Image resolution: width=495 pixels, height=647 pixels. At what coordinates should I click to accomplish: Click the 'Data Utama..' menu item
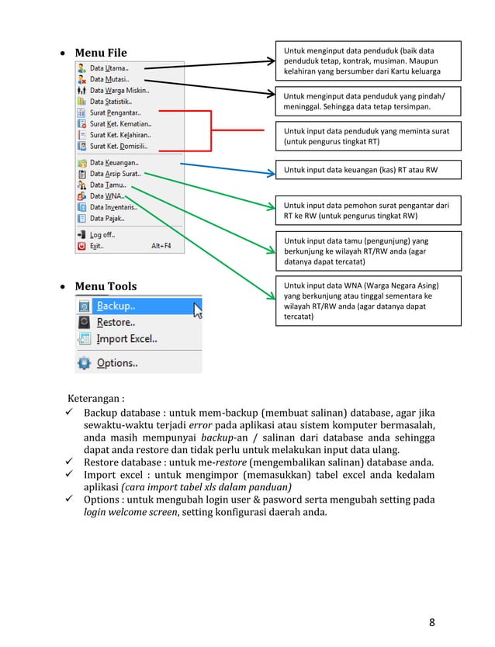pos(109,68)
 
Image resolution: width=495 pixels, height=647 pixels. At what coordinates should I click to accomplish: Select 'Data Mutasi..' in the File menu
pos(109,79)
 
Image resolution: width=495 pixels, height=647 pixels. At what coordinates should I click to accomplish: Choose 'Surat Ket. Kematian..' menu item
pos(120,123)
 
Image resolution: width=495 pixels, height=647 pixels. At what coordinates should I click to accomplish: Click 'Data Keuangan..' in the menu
pos(114,163)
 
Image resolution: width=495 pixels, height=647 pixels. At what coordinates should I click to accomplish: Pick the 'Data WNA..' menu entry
pos(107,196)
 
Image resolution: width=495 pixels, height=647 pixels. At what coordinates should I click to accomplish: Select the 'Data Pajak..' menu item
pos(107,218)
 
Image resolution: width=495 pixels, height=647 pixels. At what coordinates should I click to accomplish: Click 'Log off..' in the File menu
pos(102,234)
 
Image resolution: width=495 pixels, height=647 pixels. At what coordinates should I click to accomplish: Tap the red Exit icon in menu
pos(81,246)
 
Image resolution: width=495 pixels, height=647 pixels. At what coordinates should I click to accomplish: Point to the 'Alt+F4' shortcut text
pos(161,246)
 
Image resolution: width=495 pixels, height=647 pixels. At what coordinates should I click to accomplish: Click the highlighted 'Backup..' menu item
pos(116,306)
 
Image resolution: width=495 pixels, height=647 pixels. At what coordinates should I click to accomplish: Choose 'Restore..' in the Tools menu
pos(116,322)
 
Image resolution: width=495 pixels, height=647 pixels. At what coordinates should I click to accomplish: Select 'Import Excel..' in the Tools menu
pos(126,338)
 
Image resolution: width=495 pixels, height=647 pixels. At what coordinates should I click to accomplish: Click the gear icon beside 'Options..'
pos(84,362)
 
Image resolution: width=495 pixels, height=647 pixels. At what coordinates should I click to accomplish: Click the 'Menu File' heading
pos(100,53)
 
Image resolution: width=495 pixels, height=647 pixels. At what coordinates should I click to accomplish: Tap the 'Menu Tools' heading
pos(105,286)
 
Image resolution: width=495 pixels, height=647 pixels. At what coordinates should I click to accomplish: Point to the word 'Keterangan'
pos(99,400)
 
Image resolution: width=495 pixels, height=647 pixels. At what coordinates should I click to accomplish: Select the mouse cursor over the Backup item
pos(197,311)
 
